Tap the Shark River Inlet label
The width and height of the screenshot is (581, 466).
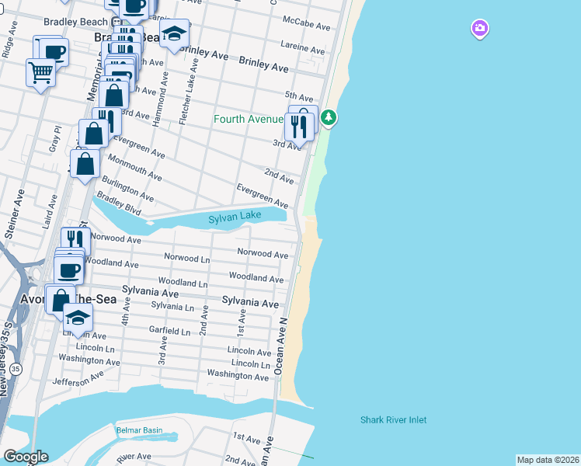pyautogui.click(x=393, y=420)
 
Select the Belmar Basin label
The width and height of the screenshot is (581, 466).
pyautogui.click(x=139, y=430)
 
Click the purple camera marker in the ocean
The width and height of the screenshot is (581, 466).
pyautogui.click(x=479, y=30)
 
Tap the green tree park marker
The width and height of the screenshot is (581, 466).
pyautogui.click(x=329, y=118)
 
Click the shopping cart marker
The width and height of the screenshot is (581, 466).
pyautogui.click(x=40, y=73)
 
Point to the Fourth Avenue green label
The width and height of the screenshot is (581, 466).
pyautogui.click(x=248, y=120)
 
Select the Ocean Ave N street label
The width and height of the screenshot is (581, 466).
pyautogui.click(x=282, y=346)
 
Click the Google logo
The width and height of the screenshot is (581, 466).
pyautogui.click(x=25, y=457)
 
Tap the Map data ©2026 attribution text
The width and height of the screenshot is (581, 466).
pyautogui.click(x=548, y=459)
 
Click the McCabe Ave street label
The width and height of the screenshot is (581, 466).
pyautogui.click(x=307, y=24)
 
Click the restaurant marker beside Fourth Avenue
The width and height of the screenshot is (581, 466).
pyautogui.click(x=298, y=126)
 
